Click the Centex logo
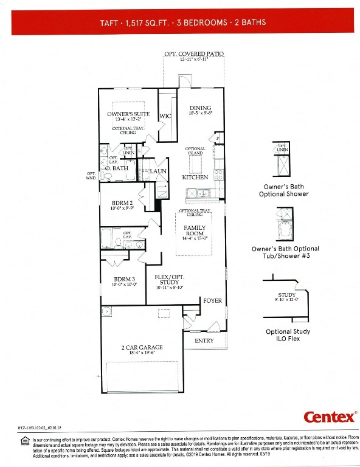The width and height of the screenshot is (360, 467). (330, 417)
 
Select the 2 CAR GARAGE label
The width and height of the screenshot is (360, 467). (142, 347)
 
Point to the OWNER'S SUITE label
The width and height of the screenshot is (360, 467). (128, 114)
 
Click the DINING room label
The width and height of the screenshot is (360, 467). (200, 108)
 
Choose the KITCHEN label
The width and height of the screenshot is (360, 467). (195, 177)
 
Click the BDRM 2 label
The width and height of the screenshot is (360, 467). (122, 203)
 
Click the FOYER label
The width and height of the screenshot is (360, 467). (212, 300)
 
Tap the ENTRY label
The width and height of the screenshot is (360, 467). (204, 341)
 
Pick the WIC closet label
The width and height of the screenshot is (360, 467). (165, 116)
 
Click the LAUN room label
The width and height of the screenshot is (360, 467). (158, 171)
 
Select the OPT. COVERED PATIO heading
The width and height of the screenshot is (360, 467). (193, 54)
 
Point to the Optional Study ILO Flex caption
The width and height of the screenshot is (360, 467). (288, 335)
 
